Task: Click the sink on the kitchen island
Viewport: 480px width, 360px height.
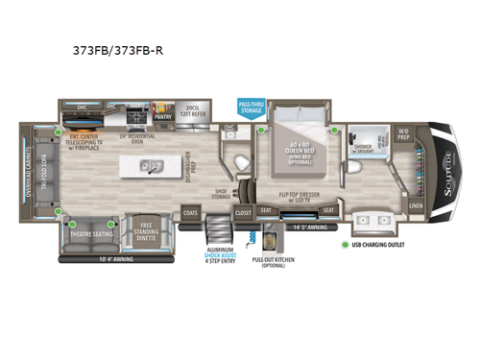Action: pyautogui.click(x=152, y=165)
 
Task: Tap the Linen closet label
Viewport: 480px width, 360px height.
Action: pyautogui.click(x=414, y=205)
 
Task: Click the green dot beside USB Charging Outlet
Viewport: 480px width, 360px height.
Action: pyautogui.click(x=346, y=244)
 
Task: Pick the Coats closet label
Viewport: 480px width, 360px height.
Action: pyautogui.click(x=190, y=213)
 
